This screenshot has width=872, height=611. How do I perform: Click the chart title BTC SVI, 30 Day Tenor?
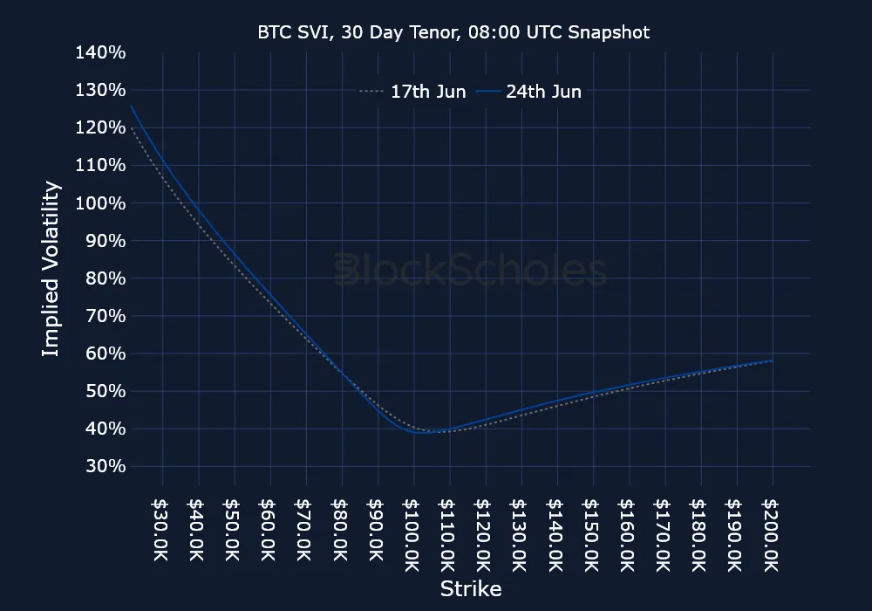pyautogui.click(x=453, y=32)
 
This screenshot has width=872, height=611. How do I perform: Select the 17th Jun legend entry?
pyautogui.click(x=412, y=92)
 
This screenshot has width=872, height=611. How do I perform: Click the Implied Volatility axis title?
pyautogui.click(x=51, y=268)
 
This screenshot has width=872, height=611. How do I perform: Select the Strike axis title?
pyautogui.click(x=470, y=588)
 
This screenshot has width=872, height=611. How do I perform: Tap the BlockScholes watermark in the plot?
pyautogui.click(x=471, y=271)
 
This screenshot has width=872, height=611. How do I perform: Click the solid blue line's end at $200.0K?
pyautogui.click(x=773, y=360)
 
